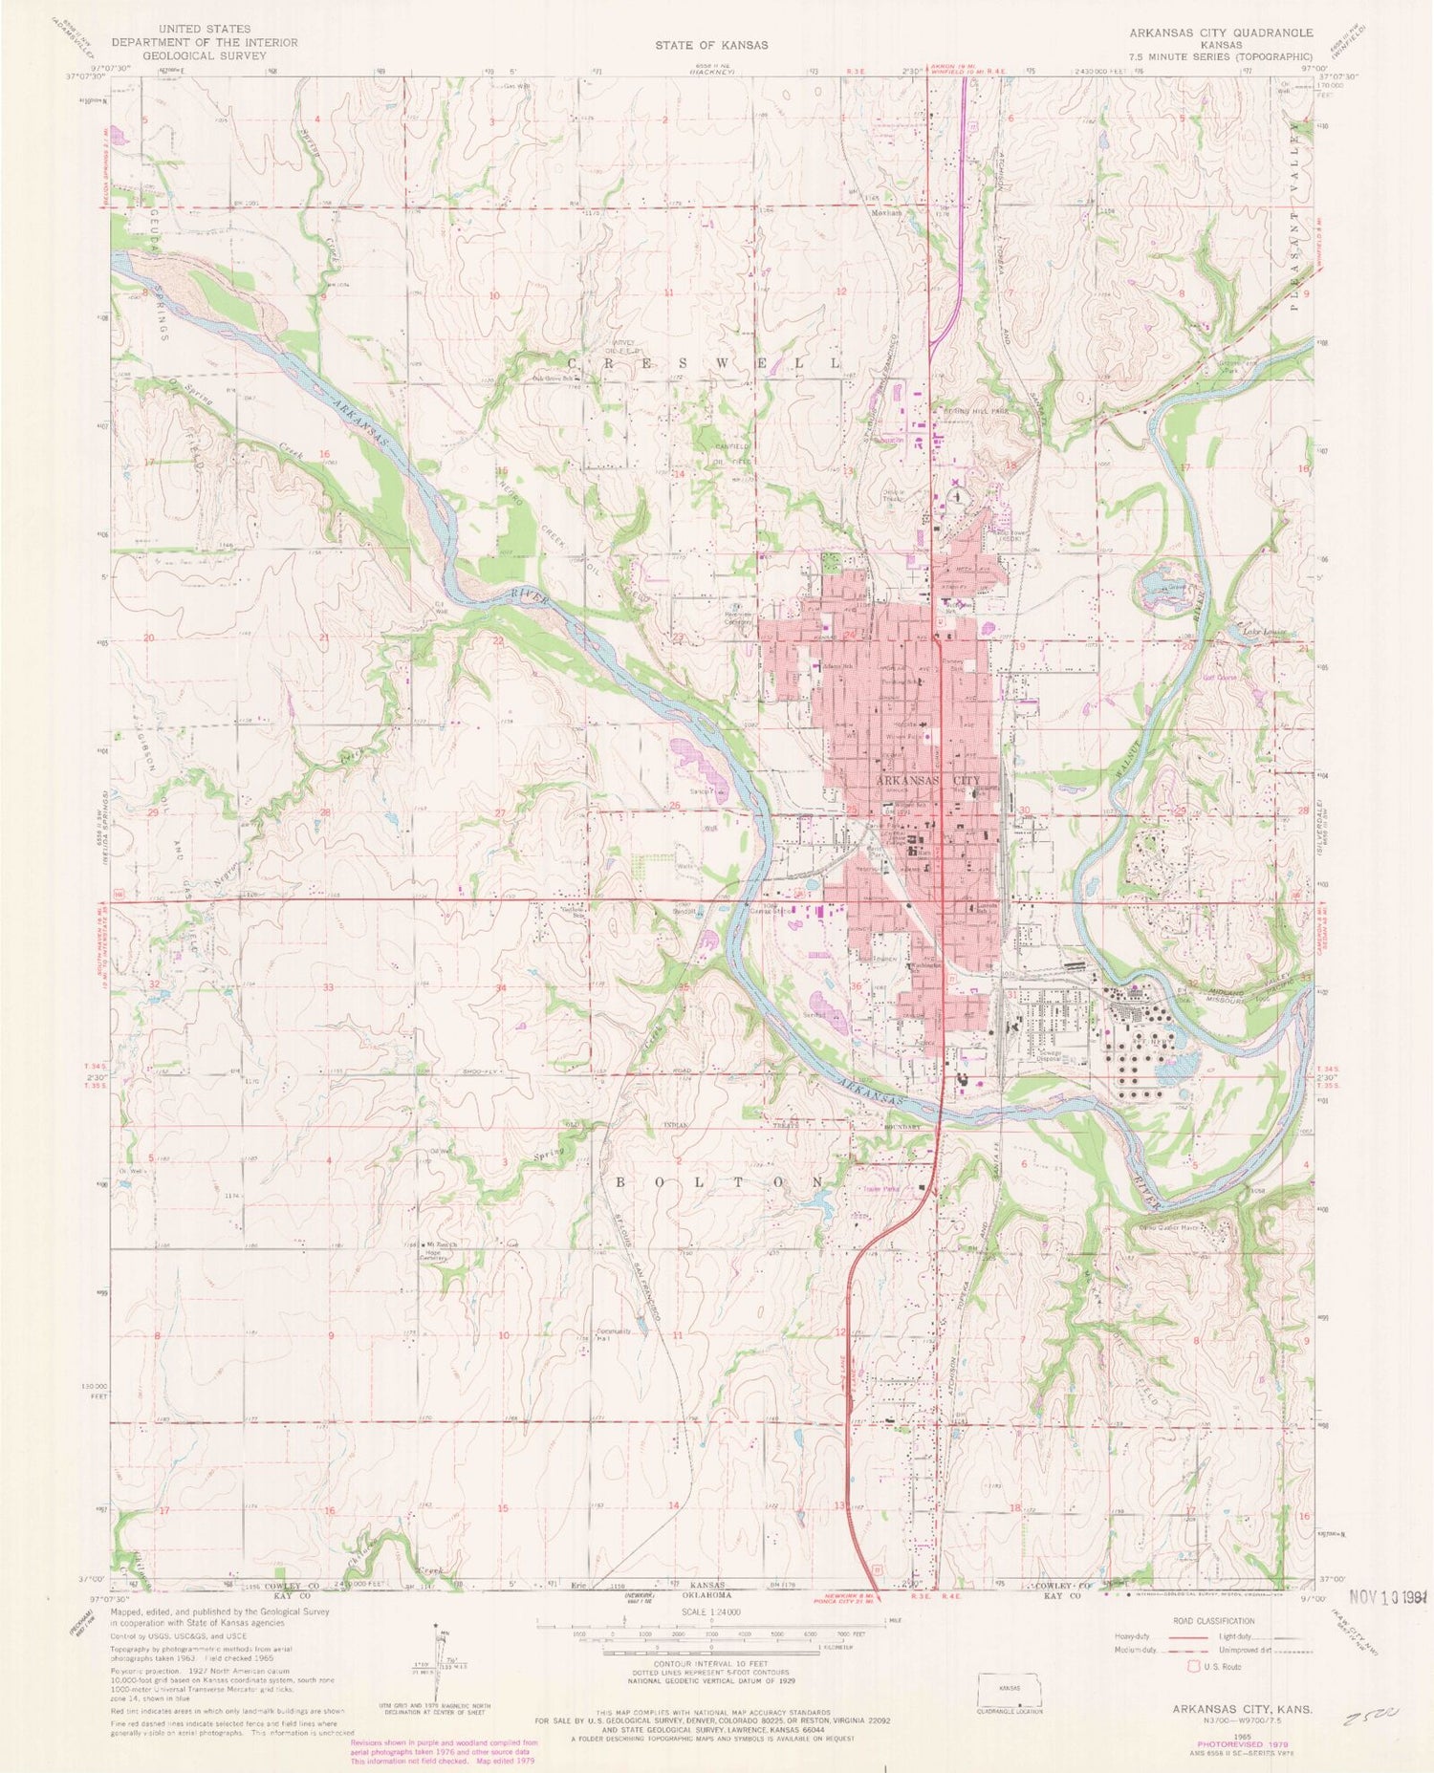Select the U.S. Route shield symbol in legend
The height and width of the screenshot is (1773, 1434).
tap(1192, 1666)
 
